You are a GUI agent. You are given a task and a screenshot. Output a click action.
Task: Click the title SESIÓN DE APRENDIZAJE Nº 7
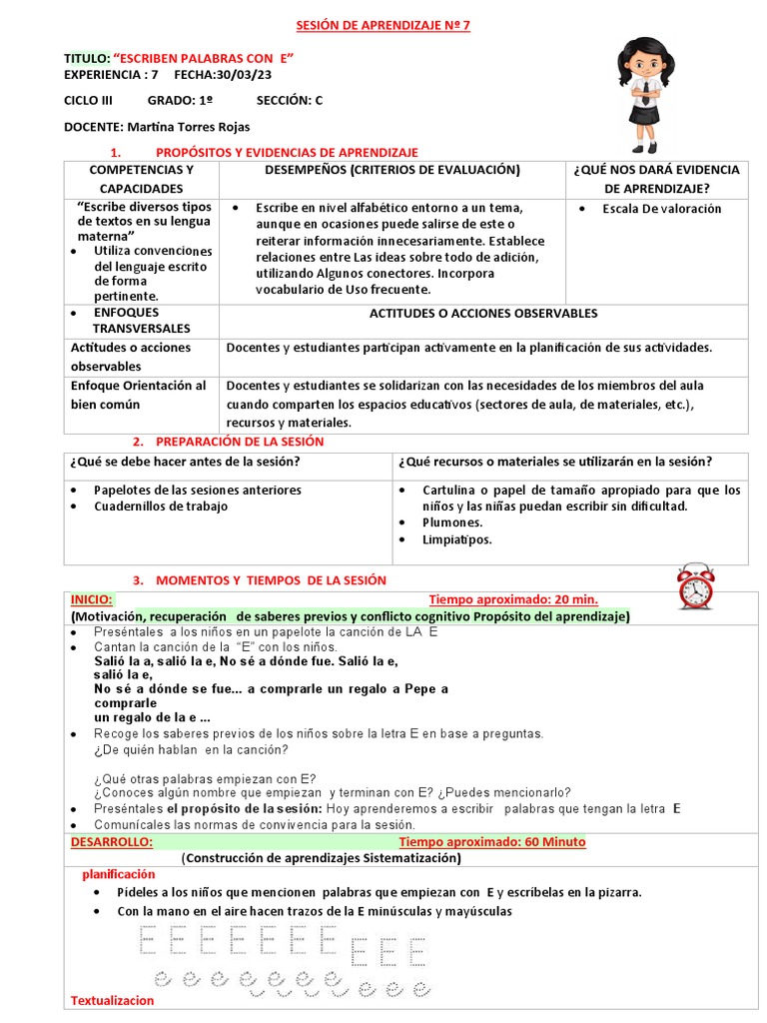pyautogui.click(x=384, y=26)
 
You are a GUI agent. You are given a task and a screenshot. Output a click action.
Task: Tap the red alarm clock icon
pyautogui.click(x=695, y=586)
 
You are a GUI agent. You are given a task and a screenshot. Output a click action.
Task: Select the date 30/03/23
pyautogui.click(x=238, y=75)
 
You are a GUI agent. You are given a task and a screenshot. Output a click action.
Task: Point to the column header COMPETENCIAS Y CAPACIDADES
pyautogui.click(x=141, y=179)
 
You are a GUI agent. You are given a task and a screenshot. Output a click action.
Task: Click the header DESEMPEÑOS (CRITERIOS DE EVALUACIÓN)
pyautogui.click(x=392, y=170)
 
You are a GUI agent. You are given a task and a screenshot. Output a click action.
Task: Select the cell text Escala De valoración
pyautogui.click(x=661, y=209)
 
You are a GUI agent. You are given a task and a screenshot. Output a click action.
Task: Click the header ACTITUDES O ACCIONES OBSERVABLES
pyautogui.click(x=483, y=313)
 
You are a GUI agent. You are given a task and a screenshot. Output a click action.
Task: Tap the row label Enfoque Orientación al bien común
pyautogui.click(x=138, y=395)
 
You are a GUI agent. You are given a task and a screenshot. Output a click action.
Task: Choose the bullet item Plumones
pyautogui.click(x=451, y=522)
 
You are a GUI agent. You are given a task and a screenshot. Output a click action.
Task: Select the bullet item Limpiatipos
pyautogui.click(x=457, y=539)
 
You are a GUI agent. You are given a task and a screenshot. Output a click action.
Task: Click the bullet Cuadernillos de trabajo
pyautogui.click(x=161, y=507)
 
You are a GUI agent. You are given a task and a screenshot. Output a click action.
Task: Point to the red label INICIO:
pyautogui.click(x=91, y=599)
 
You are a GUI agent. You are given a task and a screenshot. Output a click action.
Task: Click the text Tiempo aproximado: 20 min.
pyautogui.click(x=513, y=599)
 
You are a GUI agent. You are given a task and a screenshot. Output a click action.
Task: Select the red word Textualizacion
pyautogui.click(x=113, y=1000)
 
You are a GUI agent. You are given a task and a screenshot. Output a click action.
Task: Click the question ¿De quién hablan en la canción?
pyautogui.click(x=191, y=749)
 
